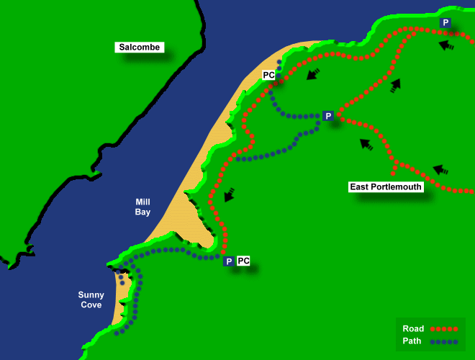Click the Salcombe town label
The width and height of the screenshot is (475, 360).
click(140, 48)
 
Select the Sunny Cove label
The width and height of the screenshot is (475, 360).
click(91, 300)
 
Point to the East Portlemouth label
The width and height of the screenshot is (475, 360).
click(386, 186)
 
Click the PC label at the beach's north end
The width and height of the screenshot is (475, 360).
click(268, 75)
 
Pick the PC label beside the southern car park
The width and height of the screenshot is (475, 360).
click(243, 261)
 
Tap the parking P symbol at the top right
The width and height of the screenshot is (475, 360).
click(445, 23)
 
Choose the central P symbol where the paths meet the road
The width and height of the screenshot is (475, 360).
click(327, 116)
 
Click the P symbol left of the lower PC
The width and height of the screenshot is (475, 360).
click(228, 261)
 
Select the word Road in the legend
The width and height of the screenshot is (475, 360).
click(413, 328)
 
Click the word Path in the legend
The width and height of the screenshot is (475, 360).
click(413, 341)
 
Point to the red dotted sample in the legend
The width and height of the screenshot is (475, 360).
click(444, 328)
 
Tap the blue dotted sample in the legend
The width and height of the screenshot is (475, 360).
click(444, 341)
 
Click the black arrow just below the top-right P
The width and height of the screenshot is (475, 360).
click(445, 45)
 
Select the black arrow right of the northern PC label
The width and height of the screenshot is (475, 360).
click(312, 73)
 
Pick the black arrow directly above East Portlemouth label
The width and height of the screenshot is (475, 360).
click(366, 144)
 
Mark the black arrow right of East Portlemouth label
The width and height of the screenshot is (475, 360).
click(440, 170)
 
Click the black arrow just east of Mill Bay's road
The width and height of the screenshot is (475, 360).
click(230, 194)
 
